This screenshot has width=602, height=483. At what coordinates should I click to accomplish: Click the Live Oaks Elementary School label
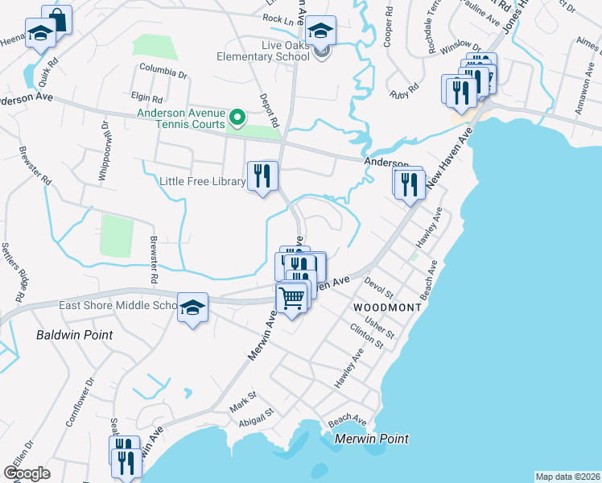coord(262,51)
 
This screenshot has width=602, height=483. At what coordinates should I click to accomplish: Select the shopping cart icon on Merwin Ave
coord(292,298)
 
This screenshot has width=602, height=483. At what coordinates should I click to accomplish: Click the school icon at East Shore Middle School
coord(192,308)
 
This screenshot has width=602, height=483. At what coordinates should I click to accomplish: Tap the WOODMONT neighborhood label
coord(387,308)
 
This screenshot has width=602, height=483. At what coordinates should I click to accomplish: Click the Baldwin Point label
coord(73,333)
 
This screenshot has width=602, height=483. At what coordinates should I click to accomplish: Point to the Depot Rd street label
coord(268,110)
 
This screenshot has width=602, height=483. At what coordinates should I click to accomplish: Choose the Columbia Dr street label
coord(163,74)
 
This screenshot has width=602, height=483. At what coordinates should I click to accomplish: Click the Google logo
coord(27,473)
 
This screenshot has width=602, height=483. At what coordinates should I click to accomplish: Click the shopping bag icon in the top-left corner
coord(56,19)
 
